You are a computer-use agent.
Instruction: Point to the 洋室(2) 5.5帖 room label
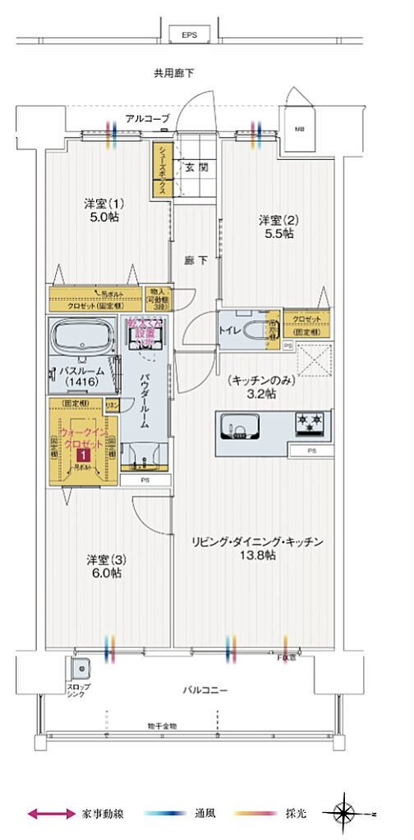point(276,226)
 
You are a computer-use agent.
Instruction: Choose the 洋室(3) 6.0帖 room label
point(104,567)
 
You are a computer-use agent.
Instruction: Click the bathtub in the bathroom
point(85,337)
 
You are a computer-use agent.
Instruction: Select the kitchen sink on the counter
point(244,429)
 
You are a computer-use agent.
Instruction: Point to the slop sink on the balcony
point(80,665)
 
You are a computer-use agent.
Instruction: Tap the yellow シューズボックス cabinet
point(160,171)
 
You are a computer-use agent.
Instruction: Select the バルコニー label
point(205,690)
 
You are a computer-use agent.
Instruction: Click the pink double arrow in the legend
point(52,814)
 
